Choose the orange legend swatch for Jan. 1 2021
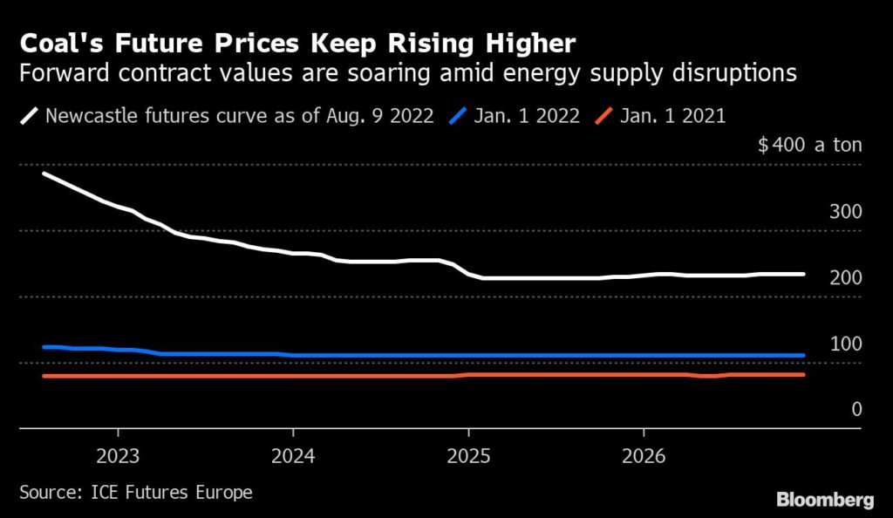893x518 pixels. click(x=602, y=116)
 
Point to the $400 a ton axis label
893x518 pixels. click(x=810, y=145)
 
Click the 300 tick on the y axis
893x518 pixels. click(x=844, y=212)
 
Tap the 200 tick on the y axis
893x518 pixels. click(x=844, y=278)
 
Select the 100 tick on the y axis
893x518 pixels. click(x=844, y=344)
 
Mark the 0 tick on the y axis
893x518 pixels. click(x=856, y=409)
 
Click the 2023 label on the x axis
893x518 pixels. click(x=118, y=455)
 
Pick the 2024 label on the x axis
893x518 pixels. click(x=293, y=455)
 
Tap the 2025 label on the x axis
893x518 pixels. click(x=468, y=455)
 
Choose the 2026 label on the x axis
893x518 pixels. click(x=644, y=455)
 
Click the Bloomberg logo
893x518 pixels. click(x=825, y=500)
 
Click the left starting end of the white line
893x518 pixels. click(x=44, y=174)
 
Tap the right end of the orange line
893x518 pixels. click(x=802, y=375)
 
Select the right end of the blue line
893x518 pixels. click(x=802, y=356)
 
